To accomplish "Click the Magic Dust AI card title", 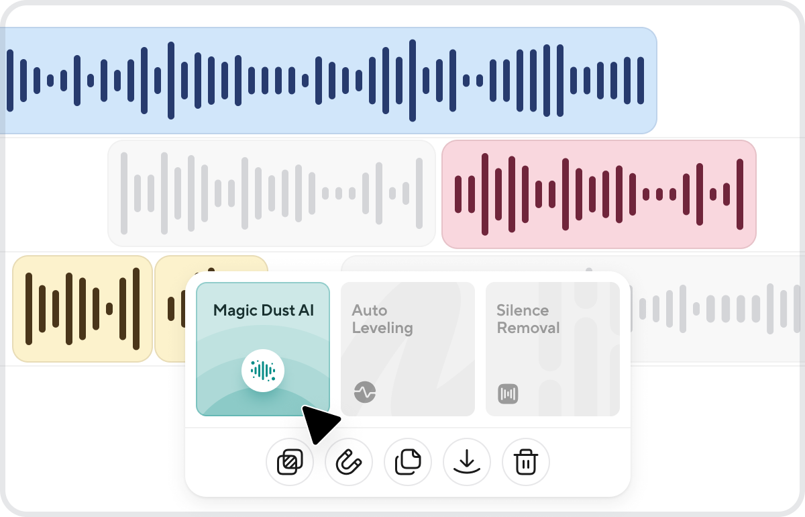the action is (x=264, y=310).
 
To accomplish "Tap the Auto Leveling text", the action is (x=382, y=319).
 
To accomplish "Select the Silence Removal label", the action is (x=528, y=319).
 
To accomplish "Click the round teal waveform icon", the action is (x=263, y=371).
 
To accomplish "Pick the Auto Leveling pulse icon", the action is (x=365, y=392).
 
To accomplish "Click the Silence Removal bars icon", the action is (x=508, y=394).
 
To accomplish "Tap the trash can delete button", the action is (x=526, y=462).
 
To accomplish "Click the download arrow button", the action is (x=467, y=462).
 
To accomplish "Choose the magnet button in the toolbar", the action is (x=349, y=462).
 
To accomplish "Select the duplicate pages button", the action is (x=408, y=462).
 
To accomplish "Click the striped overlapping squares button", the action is (x=290, y=462).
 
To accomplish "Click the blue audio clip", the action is (x=329, y=81).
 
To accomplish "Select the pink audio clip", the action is (x=599, y=194).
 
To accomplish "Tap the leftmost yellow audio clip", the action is (x=83, y=309).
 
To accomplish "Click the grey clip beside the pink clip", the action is (x=272, y=193).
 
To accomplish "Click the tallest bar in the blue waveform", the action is (x=413, y=81).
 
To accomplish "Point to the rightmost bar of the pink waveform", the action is (x=740, y=194).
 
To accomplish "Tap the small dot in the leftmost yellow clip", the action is (x=109, y=309).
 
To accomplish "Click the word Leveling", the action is (x=382, y=328).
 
